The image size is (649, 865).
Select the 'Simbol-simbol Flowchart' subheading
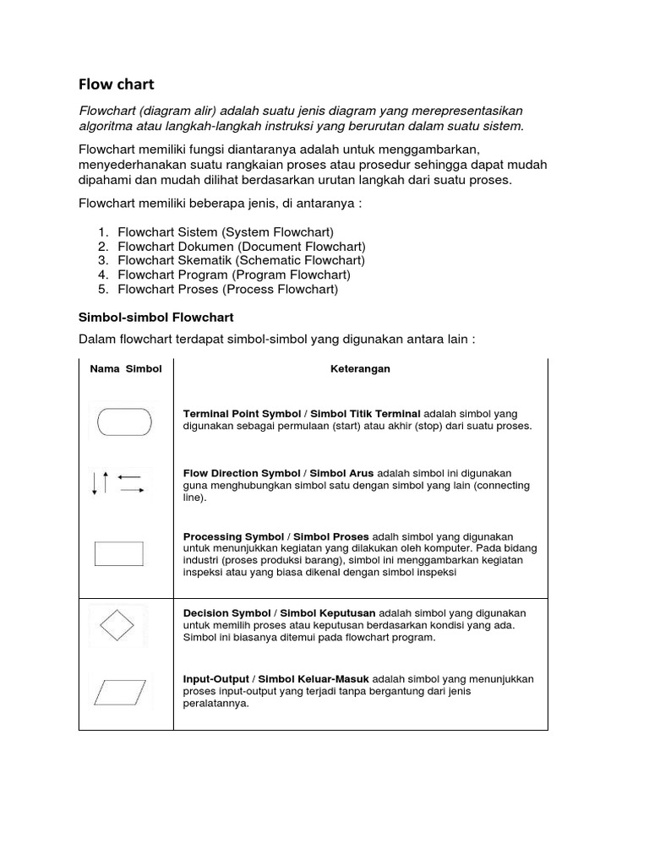tap(155, 317)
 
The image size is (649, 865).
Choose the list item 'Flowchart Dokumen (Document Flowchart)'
tap(242, 246)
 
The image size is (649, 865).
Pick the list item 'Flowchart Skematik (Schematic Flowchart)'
tap(242, 260)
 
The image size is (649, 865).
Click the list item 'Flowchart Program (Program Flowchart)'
tap(234, 275)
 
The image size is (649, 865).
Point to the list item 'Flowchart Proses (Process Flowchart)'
tap(228, 289)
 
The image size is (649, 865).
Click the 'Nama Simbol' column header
tap(125, 369)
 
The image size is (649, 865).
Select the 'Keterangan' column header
tap(360, 369)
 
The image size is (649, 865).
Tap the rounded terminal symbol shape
tap(125, 421)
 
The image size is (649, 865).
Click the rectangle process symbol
tap(118, 553)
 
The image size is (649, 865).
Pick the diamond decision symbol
tap(117, 626)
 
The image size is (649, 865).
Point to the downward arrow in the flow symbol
tap(95, 484)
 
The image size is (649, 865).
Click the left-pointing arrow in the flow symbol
tap(129, 477)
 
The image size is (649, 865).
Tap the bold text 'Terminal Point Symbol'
tap(242, 414)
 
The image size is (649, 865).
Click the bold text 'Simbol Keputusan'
tap(328, 612)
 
